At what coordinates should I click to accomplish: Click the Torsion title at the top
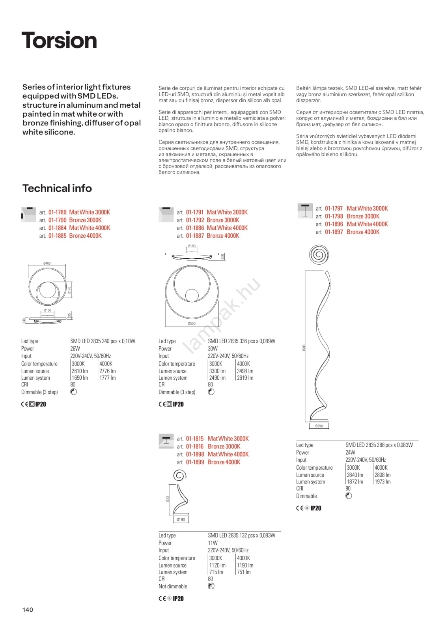pyautogui.click(x=59, y=40)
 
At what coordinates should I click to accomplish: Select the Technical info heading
pyautogui.click(x=57, y=188)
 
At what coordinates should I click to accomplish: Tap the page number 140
pyautogui.click(x=28, y=610)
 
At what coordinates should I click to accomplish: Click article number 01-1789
pyautogui.click(x=57, y=212)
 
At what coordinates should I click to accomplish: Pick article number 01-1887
pyautogui.click(x=195, y=236)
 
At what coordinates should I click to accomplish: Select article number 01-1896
pyautogui.click(x=334, y=224)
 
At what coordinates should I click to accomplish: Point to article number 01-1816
pyautogui.click(x=195, y=446)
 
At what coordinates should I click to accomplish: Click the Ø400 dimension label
pyautogui.click(x=47, y=263)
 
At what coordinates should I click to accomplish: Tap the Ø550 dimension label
pyautogui.click(x=192, y=323)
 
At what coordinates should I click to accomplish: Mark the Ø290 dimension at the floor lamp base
pyautogui.click(x=319, y=426)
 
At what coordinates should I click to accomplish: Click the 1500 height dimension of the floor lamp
pyautogui.click(x=304, y=348)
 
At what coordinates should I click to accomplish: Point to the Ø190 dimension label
pyautogui.click(x=181, y=519)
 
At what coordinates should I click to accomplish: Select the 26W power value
pyautogui.click(x=75, y=349)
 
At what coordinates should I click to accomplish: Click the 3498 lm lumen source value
pyautogui.click(x=245, y=371)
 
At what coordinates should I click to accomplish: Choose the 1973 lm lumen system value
pyautogui.click(x=383, y=482)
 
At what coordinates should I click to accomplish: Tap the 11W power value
pyautogui.click(x=213, y=543)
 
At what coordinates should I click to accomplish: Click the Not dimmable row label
pyautogui.click(x=173, y=586)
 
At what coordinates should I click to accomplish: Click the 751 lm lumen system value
pyautogui.click(x=244, y=572)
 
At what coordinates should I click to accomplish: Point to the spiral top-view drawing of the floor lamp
pyautogui.click(x=319, y=254)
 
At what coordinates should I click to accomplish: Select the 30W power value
pyautogui.click(x=213, y=349)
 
